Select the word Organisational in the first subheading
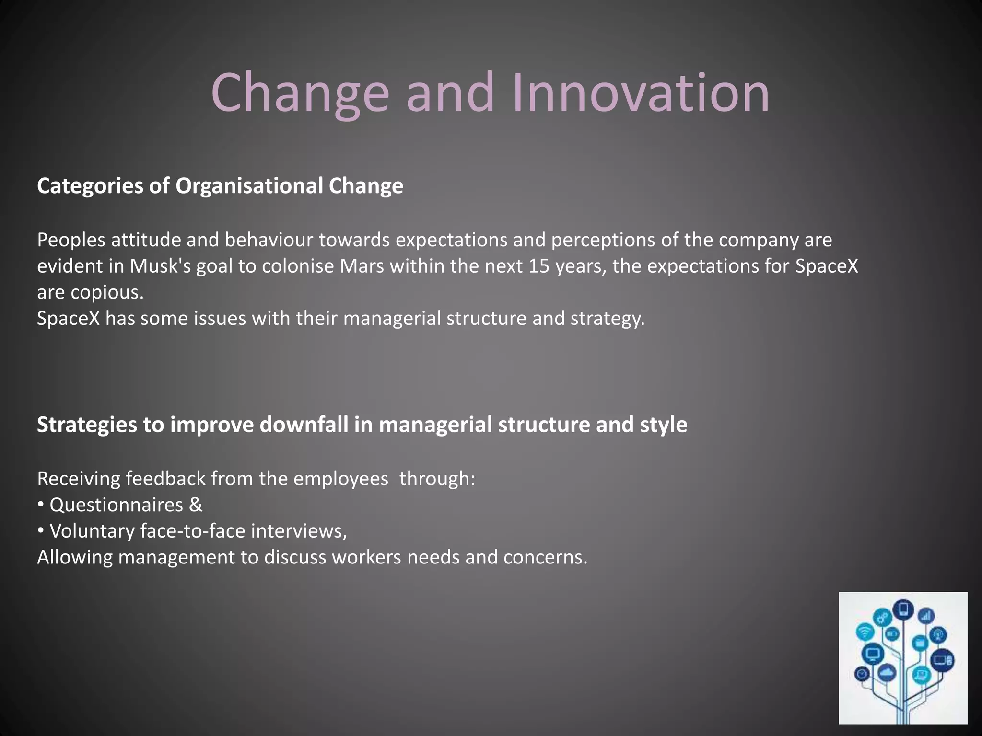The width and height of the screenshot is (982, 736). pyautogui.click(x=249, y=186)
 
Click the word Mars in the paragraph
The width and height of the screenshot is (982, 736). pyautogui.click(x=362, y=266)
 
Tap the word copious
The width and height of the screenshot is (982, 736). pyautogui.click(x=107, y=292)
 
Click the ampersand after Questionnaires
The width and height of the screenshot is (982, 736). pyautogui.click(x=196, y=505)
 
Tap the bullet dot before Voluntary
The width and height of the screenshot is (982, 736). pyautogui.click(x=41, y=531)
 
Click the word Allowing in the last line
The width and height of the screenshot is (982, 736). pyautogui.click(x=75, y=557)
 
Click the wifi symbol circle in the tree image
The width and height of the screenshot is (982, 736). pyautogui.click(x=865, y=632)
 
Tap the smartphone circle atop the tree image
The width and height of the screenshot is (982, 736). pyautogui.click(x=904, y=609)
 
